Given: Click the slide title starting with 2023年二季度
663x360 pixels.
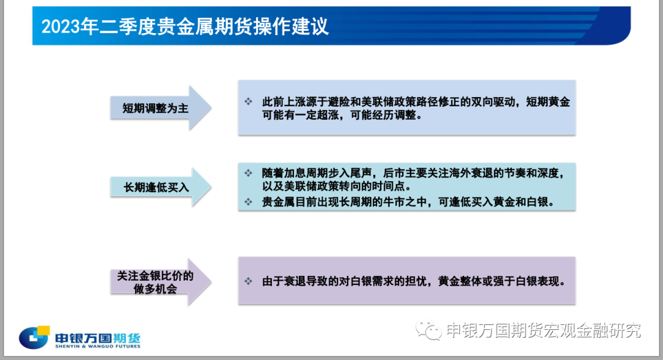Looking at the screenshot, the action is tap(185, 26).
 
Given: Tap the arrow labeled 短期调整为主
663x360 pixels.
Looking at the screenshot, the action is tap(161, 108).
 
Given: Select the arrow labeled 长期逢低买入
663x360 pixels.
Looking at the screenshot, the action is tap(161, 187).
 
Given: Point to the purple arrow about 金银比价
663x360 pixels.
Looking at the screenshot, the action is tap(161, 282).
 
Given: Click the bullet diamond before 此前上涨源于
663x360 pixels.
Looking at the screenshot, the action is tap(248, 101).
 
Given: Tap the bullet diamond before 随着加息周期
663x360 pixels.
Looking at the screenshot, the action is tap(248, 173).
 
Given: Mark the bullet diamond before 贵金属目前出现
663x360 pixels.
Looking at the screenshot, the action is tap(248, 202).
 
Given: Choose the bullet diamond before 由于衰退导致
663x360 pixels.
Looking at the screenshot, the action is tap(248, 281).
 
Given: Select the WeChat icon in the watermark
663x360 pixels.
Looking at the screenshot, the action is tap(428, 330).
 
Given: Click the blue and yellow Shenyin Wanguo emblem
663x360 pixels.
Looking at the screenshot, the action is tap(34, 337).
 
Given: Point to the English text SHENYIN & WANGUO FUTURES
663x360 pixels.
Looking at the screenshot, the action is tap(98, 346).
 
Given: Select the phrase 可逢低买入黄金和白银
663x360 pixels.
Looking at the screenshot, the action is tap(497, 202).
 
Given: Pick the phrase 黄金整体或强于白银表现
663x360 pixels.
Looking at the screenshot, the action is tap(502, 281).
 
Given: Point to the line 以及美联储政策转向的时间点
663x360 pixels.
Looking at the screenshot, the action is tap(336, 186).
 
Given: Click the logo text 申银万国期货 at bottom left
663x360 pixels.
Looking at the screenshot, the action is tap(98, 338).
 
